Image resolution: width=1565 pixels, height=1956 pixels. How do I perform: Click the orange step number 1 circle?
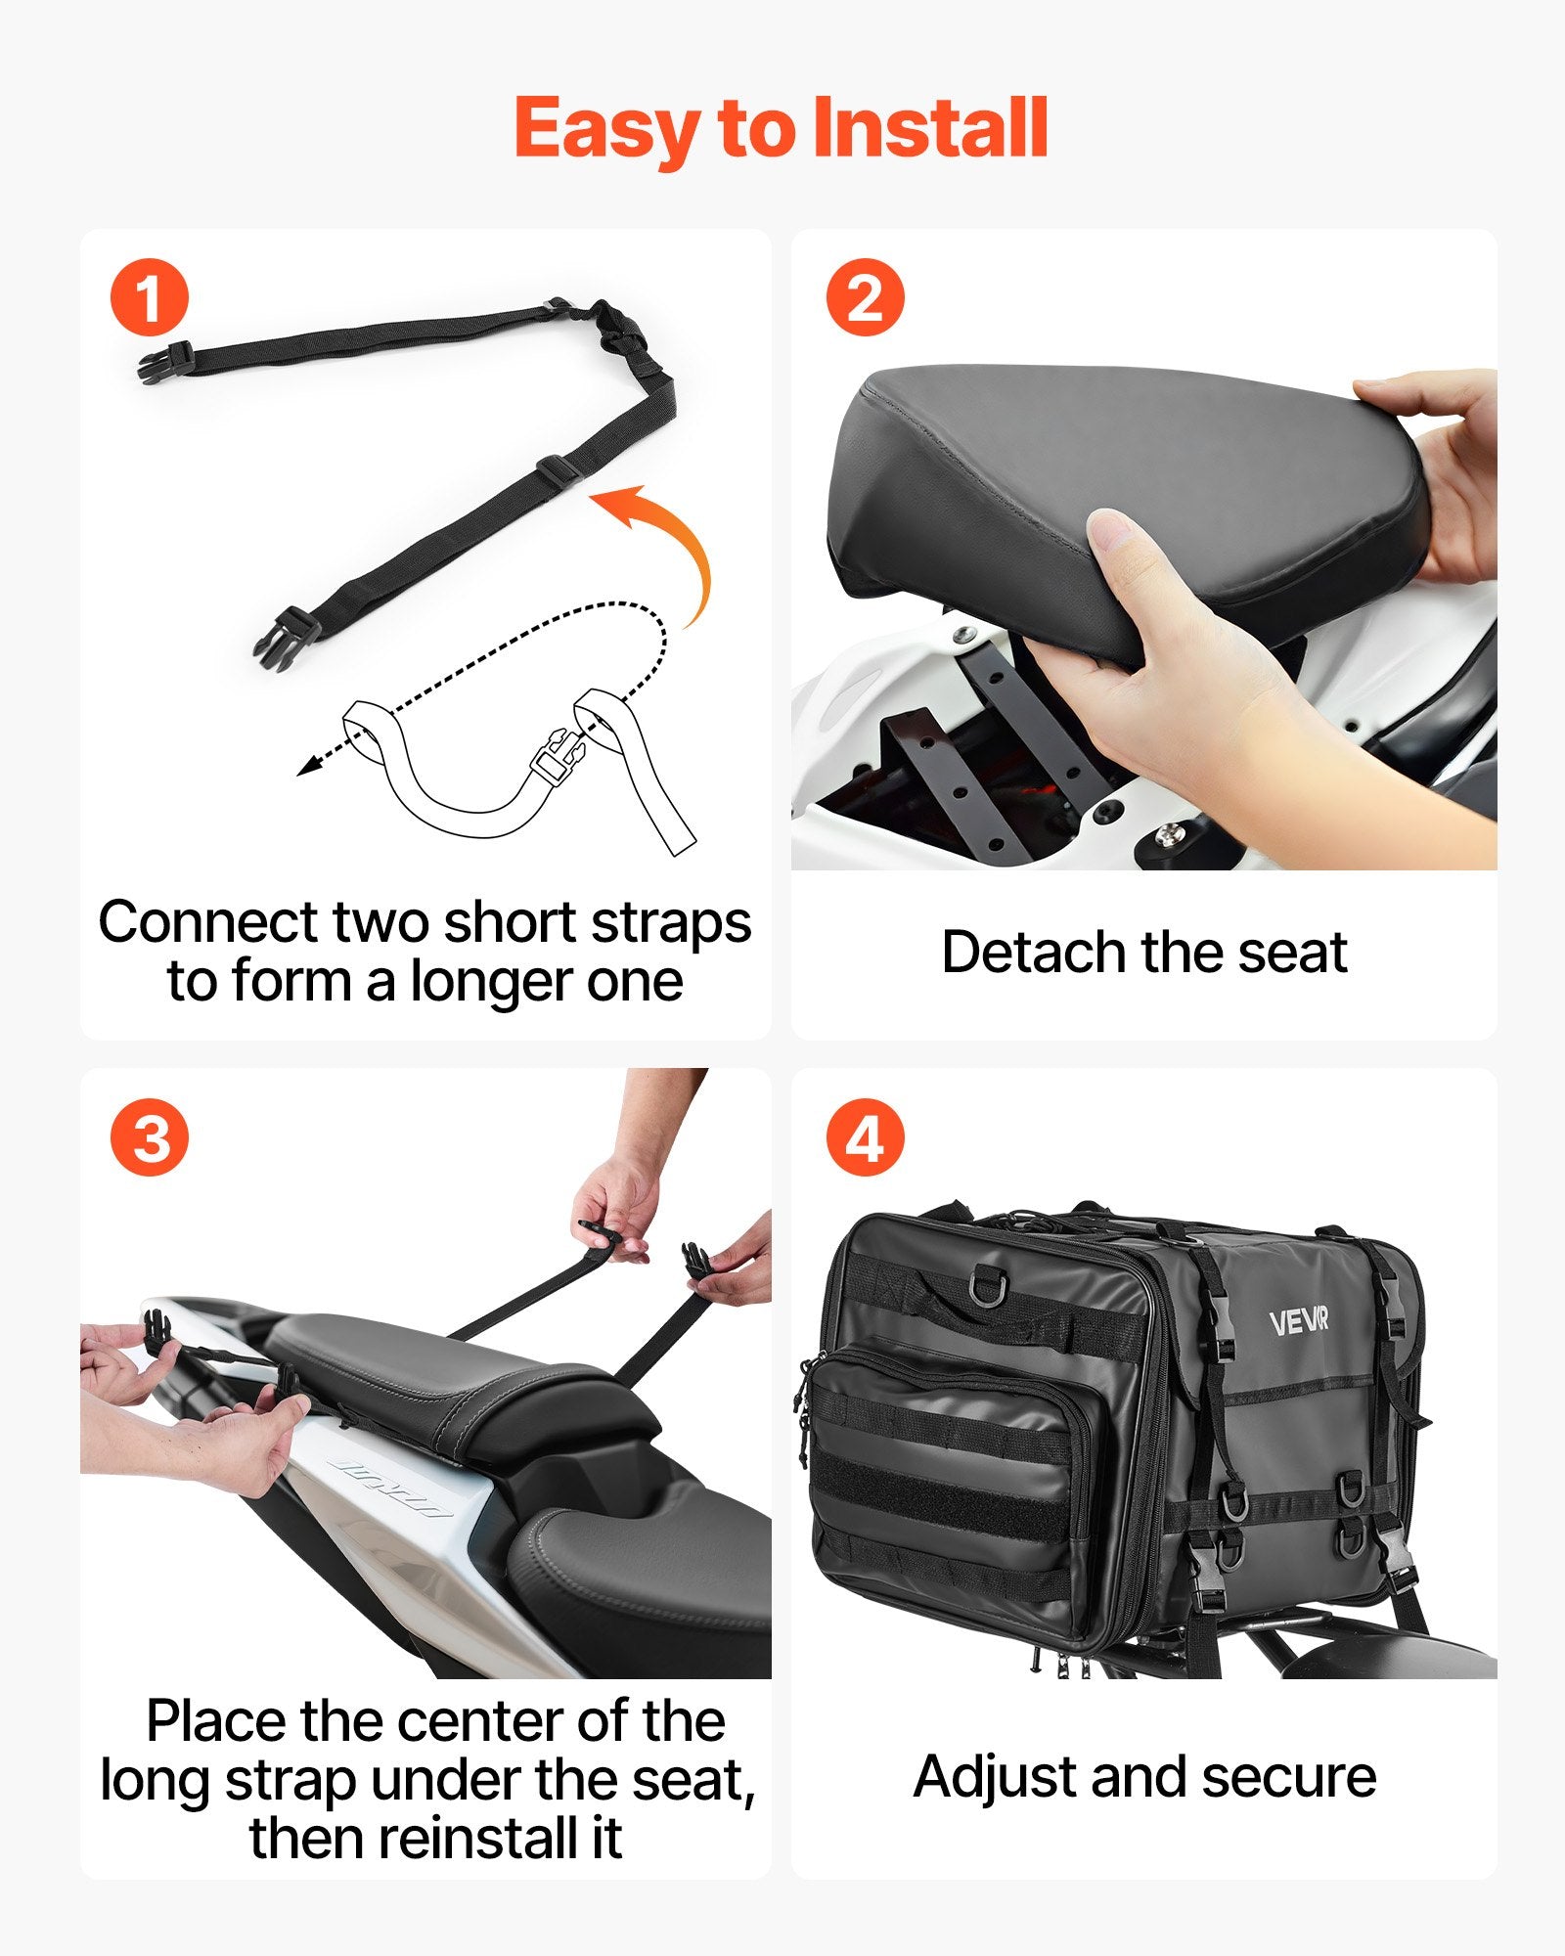point(149,297)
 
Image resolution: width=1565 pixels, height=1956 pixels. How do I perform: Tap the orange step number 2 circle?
point(865,297)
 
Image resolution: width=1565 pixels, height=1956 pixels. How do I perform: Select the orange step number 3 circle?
point(149,1138)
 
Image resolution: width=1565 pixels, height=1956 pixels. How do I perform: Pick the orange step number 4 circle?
point(865,1138)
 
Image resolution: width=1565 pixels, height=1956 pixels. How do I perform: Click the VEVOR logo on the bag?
point(1298,1322)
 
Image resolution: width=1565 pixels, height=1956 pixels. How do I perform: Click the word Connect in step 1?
point(207,922)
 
